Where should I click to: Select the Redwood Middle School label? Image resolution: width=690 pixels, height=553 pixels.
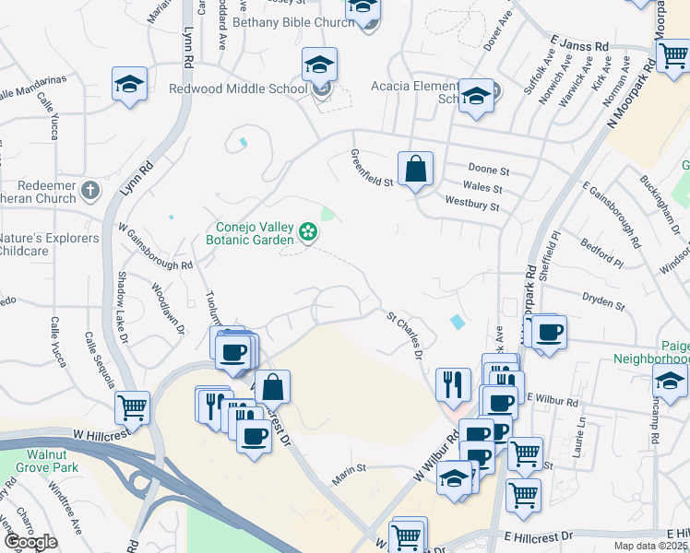(238, 89)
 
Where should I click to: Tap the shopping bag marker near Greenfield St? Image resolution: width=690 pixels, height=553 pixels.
(415, 170)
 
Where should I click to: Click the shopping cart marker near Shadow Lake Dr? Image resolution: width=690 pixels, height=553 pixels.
(133, 406)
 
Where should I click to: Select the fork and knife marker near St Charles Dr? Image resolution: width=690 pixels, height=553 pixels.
(452, 382)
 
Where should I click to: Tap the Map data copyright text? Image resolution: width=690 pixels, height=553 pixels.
(650, 546)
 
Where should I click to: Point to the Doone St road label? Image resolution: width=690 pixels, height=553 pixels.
(489, 171)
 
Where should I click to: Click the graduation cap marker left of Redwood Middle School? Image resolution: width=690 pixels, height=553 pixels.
(129, 84)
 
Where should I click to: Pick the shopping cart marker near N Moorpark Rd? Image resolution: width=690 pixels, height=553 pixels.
(673, 55)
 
